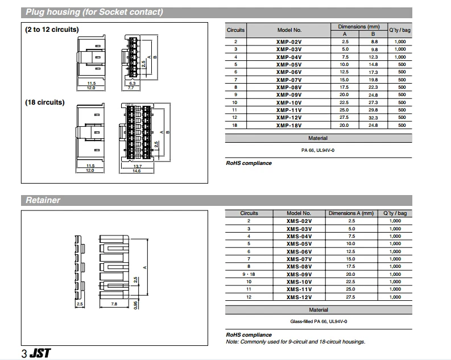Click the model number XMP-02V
coord(289,42)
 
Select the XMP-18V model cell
coord(289,125)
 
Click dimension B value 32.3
coord(374,118)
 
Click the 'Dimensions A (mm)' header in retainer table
coord(351,213)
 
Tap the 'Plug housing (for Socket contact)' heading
coord(94,12)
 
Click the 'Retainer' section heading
coord(43,200)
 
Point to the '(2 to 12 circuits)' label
coord(52,30)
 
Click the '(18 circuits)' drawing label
coord(44,102)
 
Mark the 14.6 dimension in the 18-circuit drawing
coord(136,171)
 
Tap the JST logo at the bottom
coord(40,353)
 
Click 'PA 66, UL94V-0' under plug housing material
coord(318,150)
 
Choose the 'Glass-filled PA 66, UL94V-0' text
coord(318,321)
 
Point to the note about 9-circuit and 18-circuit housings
coord(295,342)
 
